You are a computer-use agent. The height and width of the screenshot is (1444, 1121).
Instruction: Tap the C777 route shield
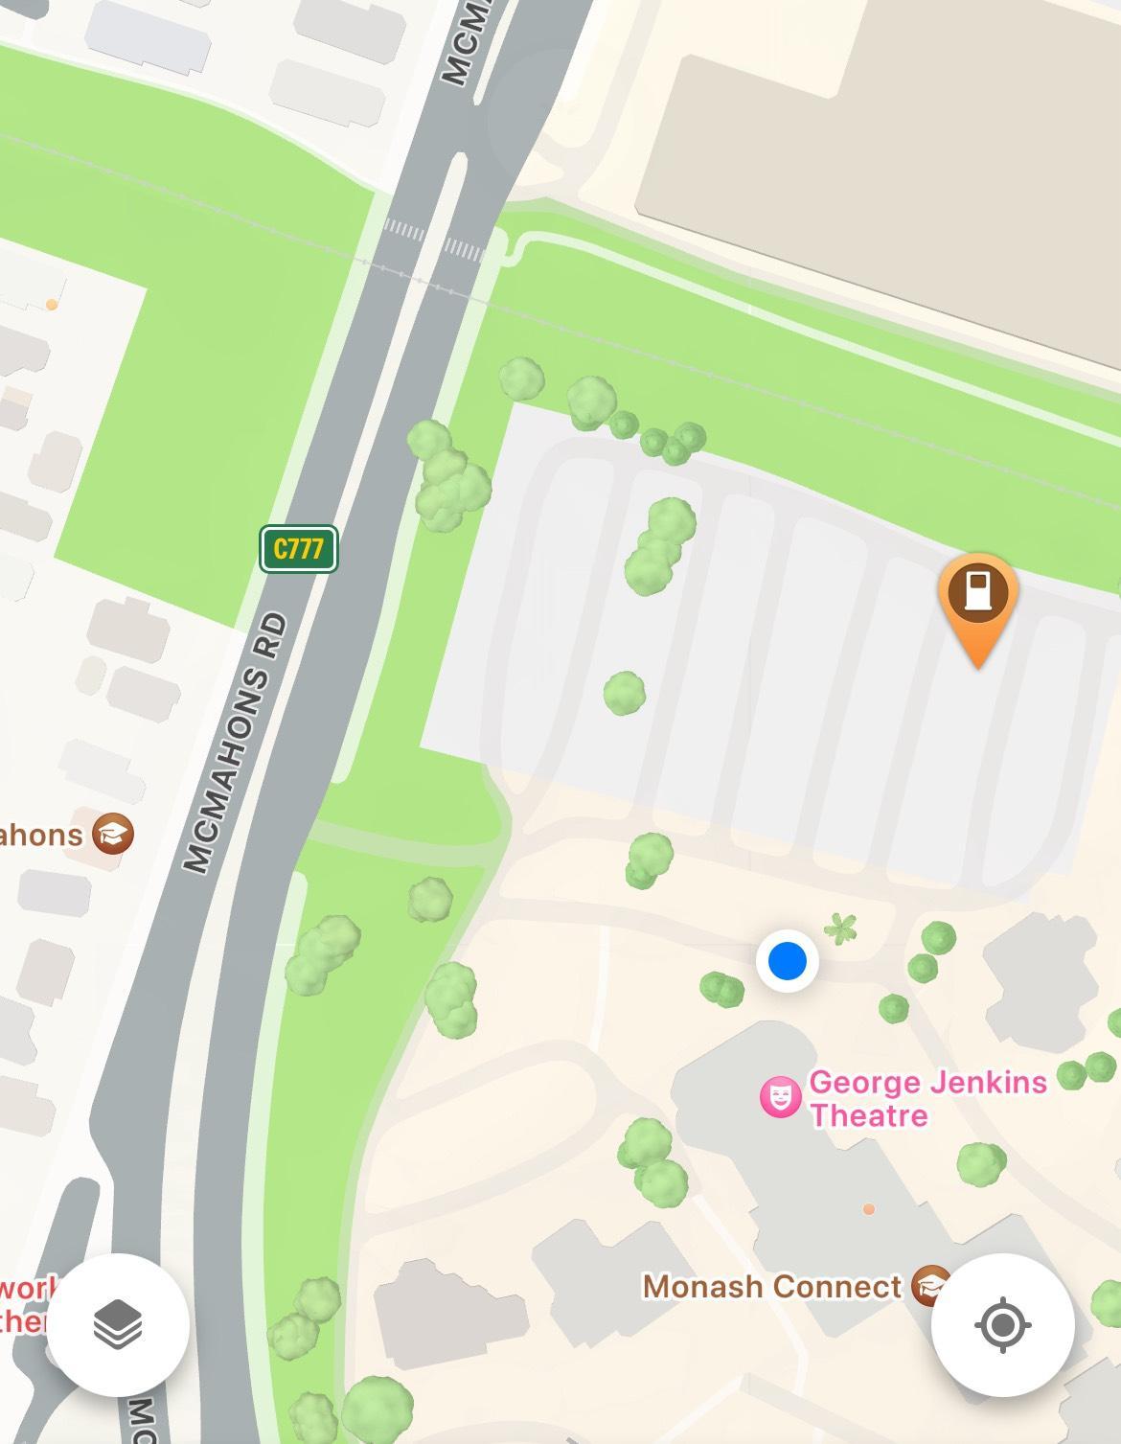[x=298, y=549]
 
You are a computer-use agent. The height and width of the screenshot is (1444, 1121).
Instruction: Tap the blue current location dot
[x=787, y=960]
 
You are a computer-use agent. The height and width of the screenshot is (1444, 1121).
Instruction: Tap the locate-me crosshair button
[x=1002, y=1325]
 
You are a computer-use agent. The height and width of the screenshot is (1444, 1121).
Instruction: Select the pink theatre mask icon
[x=780, y=1097]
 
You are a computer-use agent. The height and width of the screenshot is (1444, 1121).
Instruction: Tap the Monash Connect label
[x=772, y=1286]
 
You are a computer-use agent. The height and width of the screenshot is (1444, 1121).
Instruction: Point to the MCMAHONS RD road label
[x=235, y=744]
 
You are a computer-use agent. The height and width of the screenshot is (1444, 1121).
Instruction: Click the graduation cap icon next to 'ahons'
[x=113, y=834]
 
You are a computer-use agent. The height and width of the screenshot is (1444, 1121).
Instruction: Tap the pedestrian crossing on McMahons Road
[x=434, y=241]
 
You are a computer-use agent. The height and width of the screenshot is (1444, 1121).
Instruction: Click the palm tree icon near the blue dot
[x=840, y=928]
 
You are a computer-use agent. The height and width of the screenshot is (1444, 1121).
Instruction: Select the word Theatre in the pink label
[x=869, y=1115]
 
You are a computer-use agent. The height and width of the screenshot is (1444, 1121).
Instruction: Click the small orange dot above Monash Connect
[x=869, y=1209]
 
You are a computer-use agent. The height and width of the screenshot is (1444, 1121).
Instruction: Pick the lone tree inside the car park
[x=624, y=692]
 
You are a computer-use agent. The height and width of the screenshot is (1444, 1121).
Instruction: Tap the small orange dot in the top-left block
[x=52, y=305]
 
